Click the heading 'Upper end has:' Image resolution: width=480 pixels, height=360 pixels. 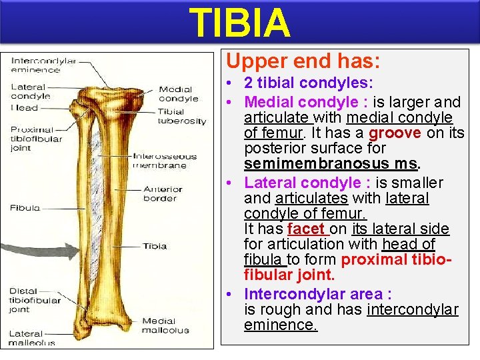(x=303, y=61)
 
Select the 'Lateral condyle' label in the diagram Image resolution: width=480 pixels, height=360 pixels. (x=28, y=91)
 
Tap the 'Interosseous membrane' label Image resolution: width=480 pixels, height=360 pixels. (x=165, y=161)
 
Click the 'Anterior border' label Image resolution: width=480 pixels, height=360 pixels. (x=163, y=193)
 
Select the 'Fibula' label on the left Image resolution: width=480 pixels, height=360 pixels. (x=25, y=208)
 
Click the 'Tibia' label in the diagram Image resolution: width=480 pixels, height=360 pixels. (x=155, y=246)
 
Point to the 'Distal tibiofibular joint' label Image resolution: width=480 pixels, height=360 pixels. (x=33, y=299)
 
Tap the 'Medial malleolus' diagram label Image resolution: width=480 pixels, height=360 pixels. (x=165, y=325)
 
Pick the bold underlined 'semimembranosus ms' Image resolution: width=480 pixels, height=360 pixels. (x=330, y=164)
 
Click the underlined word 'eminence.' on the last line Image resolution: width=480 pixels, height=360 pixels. (x=281, y=325)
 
